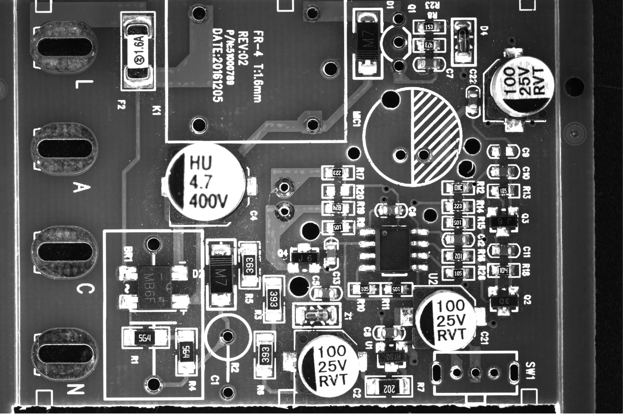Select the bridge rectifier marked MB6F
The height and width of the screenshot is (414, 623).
pyautogui.click(x=154, y=288)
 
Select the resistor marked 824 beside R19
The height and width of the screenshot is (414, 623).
pyautogui.click(x=338, y=208)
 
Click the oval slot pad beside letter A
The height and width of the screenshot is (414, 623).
pyautogui.click(x=65, y=149)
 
